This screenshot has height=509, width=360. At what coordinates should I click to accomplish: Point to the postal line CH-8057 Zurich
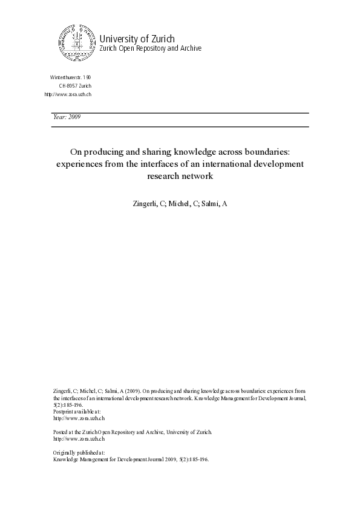coord(75,86)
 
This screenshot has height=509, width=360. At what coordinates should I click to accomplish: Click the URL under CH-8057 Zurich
coord(68,95)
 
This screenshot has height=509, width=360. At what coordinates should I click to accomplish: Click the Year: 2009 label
coord(67,117)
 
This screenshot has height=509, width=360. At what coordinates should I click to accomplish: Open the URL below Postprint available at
coord(71,418)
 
